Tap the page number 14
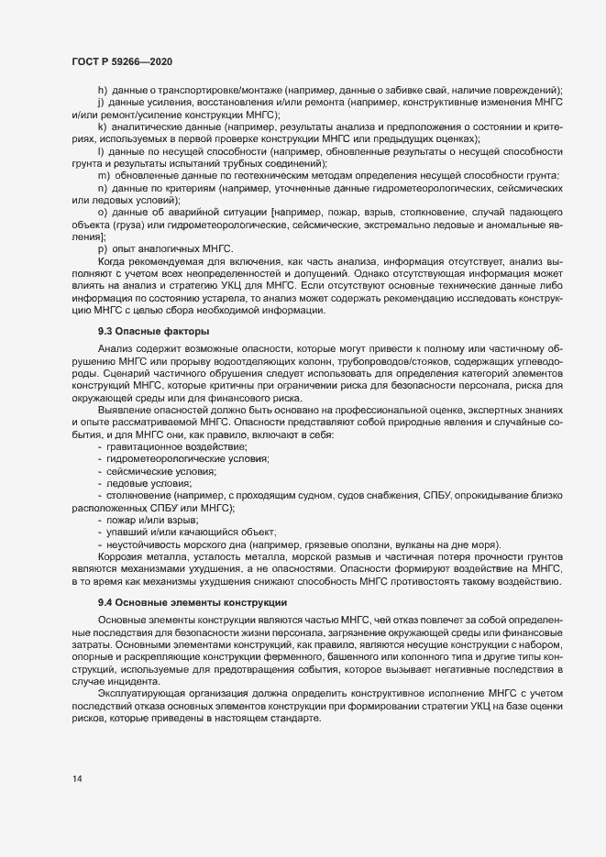[x=76, y=780]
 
